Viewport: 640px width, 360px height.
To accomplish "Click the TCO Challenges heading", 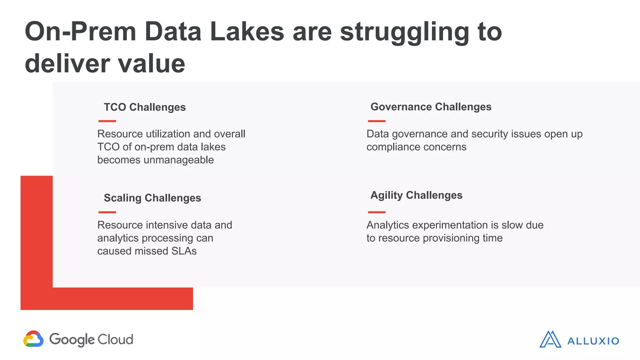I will (x=145, y=107).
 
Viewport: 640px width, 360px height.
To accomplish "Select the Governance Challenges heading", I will (x=431, y=107).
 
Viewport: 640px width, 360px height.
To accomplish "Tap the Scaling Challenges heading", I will (x=152, y=198).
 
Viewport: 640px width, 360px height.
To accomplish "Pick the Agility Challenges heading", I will (x=416, y=195).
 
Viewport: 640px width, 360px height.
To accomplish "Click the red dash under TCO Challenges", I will (x=107, y=121).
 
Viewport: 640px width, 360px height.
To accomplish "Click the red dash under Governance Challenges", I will (x=377, y=121).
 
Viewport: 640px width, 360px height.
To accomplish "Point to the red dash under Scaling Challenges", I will (x=107, y=212).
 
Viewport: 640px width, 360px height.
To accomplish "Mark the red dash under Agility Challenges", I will (x=377, y=212).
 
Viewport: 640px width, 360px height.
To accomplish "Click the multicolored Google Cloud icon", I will (x=33, y=339).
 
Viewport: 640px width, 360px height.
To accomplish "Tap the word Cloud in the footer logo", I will (x=115, y=340).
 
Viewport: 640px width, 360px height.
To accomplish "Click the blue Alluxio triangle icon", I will (x=550, y=340).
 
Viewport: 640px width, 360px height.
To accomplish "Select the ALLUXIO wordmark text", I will (x=593, y=341).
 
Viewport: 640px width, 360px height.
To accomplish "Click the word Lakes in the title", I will (x=247, y=32).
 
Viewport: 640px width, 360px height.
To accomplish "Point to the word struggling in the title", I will (x=404, y=32).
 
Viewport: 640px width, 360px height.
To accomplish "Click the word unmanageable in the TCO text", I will (x=178, y=160).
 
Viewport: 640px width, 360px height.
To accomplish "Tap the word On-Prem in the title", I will (x=81, y=32).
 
